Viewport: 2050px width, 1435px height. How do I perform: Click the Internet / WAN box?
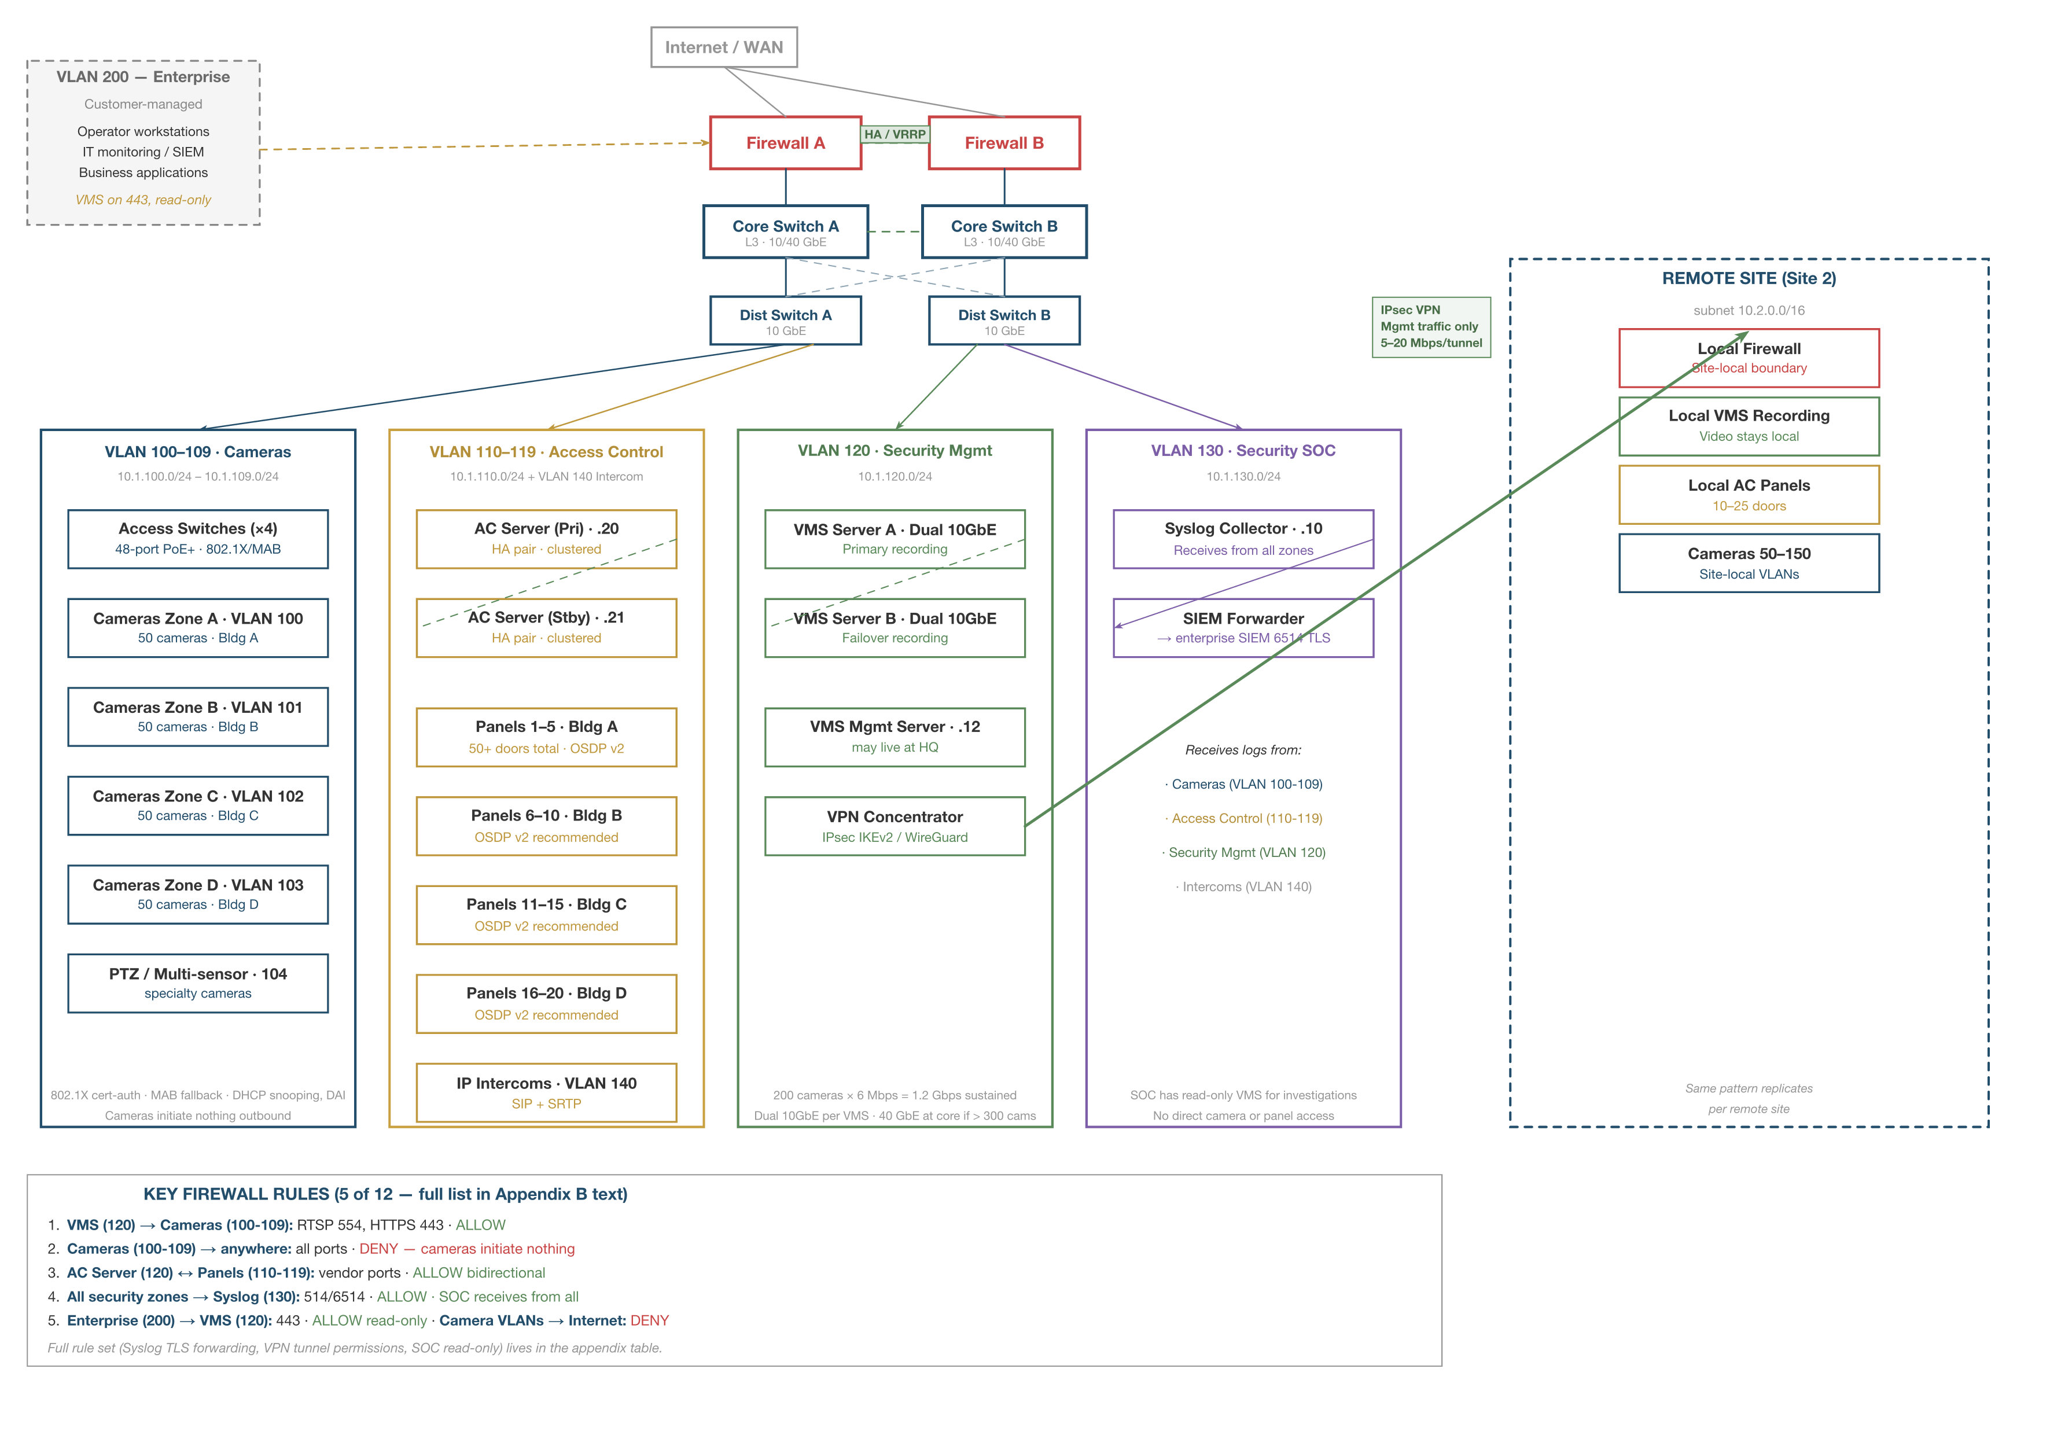[723, 47]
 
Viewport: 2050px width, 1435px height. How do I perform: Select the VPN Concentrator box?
[894, 826]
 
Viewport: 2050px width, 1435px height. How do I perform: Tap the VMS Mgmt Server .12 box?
[894, 737]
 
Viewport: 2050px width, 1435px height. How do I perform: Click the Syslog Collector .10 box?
[1243, 539]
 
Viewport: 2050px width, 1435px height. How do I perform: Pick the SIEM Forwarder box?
[1243, 628]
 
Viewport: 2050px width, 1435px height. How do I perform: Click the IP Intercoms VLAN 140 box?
[546, 1092]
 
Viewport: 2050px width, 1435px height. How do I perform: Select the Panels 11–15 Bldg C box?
[546, 914]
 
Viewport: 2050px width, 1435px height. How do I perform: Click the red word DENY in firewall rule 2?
[378, 1248]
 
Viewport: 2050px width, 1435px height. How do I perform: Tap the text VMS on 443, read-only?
[143, 200]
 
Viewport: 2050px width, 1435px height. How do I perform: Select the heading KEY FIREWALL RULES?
[385, 1194]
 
